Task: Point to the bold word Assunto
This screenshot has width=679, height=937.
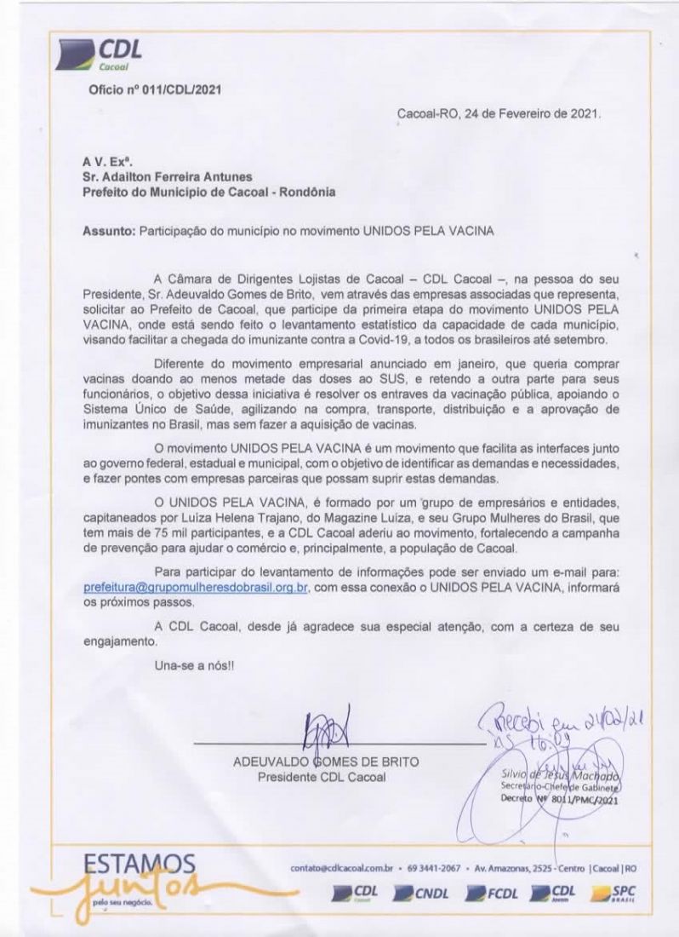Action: point(108,231)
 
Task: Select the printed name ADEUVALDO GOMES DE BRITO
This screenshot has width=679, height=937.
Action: point(326,762)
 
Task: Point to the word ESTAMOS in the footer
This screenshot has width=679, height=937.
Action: point(140,864)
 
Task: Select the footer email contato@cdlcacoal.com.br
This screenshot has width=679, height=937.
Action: point(345,868)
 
